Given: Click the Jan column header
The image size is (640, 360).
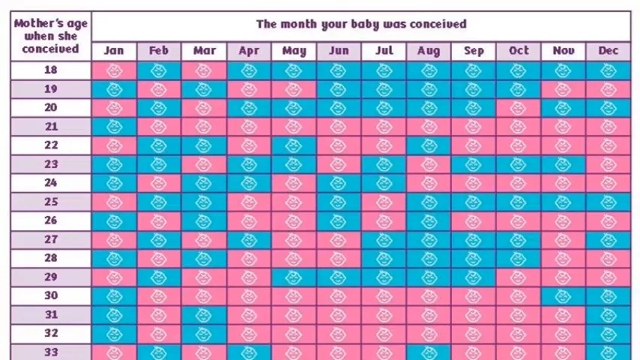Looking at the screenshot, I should (114, 51).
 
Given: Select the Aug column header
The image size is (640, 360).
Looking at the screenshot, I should (429, 51).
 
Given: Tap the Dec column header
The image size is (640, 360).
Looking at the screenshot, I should (609, 51).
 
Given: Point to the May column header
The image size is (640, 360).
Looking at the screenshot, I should (294, 51).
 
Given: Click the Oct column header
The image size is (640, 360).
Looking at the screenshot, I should (519, 51).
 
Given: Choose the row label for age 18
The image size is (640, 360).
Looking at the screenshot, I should (51, 70).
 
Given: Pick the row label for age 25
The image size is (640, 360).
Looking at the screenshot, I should (51, 202).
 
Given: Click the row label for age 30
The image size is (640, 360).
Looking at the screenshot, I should (51, 295).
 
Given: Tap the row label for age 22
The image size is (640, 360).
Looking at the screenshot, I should (51, 145).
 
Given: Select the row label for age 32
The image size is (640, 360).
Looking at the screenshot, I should (51, 333).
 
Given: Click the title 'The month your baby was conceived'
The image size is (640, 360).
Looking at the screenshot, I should (361, 24).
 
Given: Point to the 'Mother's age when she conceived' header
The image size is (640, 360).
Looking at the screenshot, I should (51, 36).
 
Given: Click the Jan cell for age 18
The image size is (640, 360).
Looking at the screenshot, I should (114, 70).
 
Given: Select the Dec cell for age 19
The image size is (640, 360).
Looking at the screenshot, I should (609, 89).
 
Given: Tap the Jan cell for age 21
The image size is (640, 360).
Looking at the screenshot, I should (114, 127).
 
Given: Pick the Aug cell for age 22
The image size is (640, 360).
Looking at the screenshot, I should (429, 145).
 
